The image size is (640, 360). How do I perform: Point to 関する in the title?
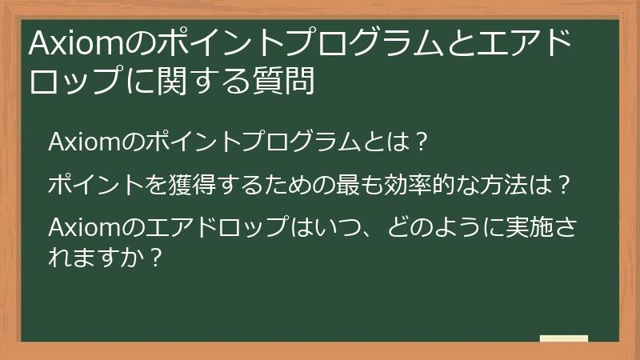point(206,82)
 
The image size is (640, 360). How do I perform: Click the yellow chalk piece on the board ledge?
point(563,338)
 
